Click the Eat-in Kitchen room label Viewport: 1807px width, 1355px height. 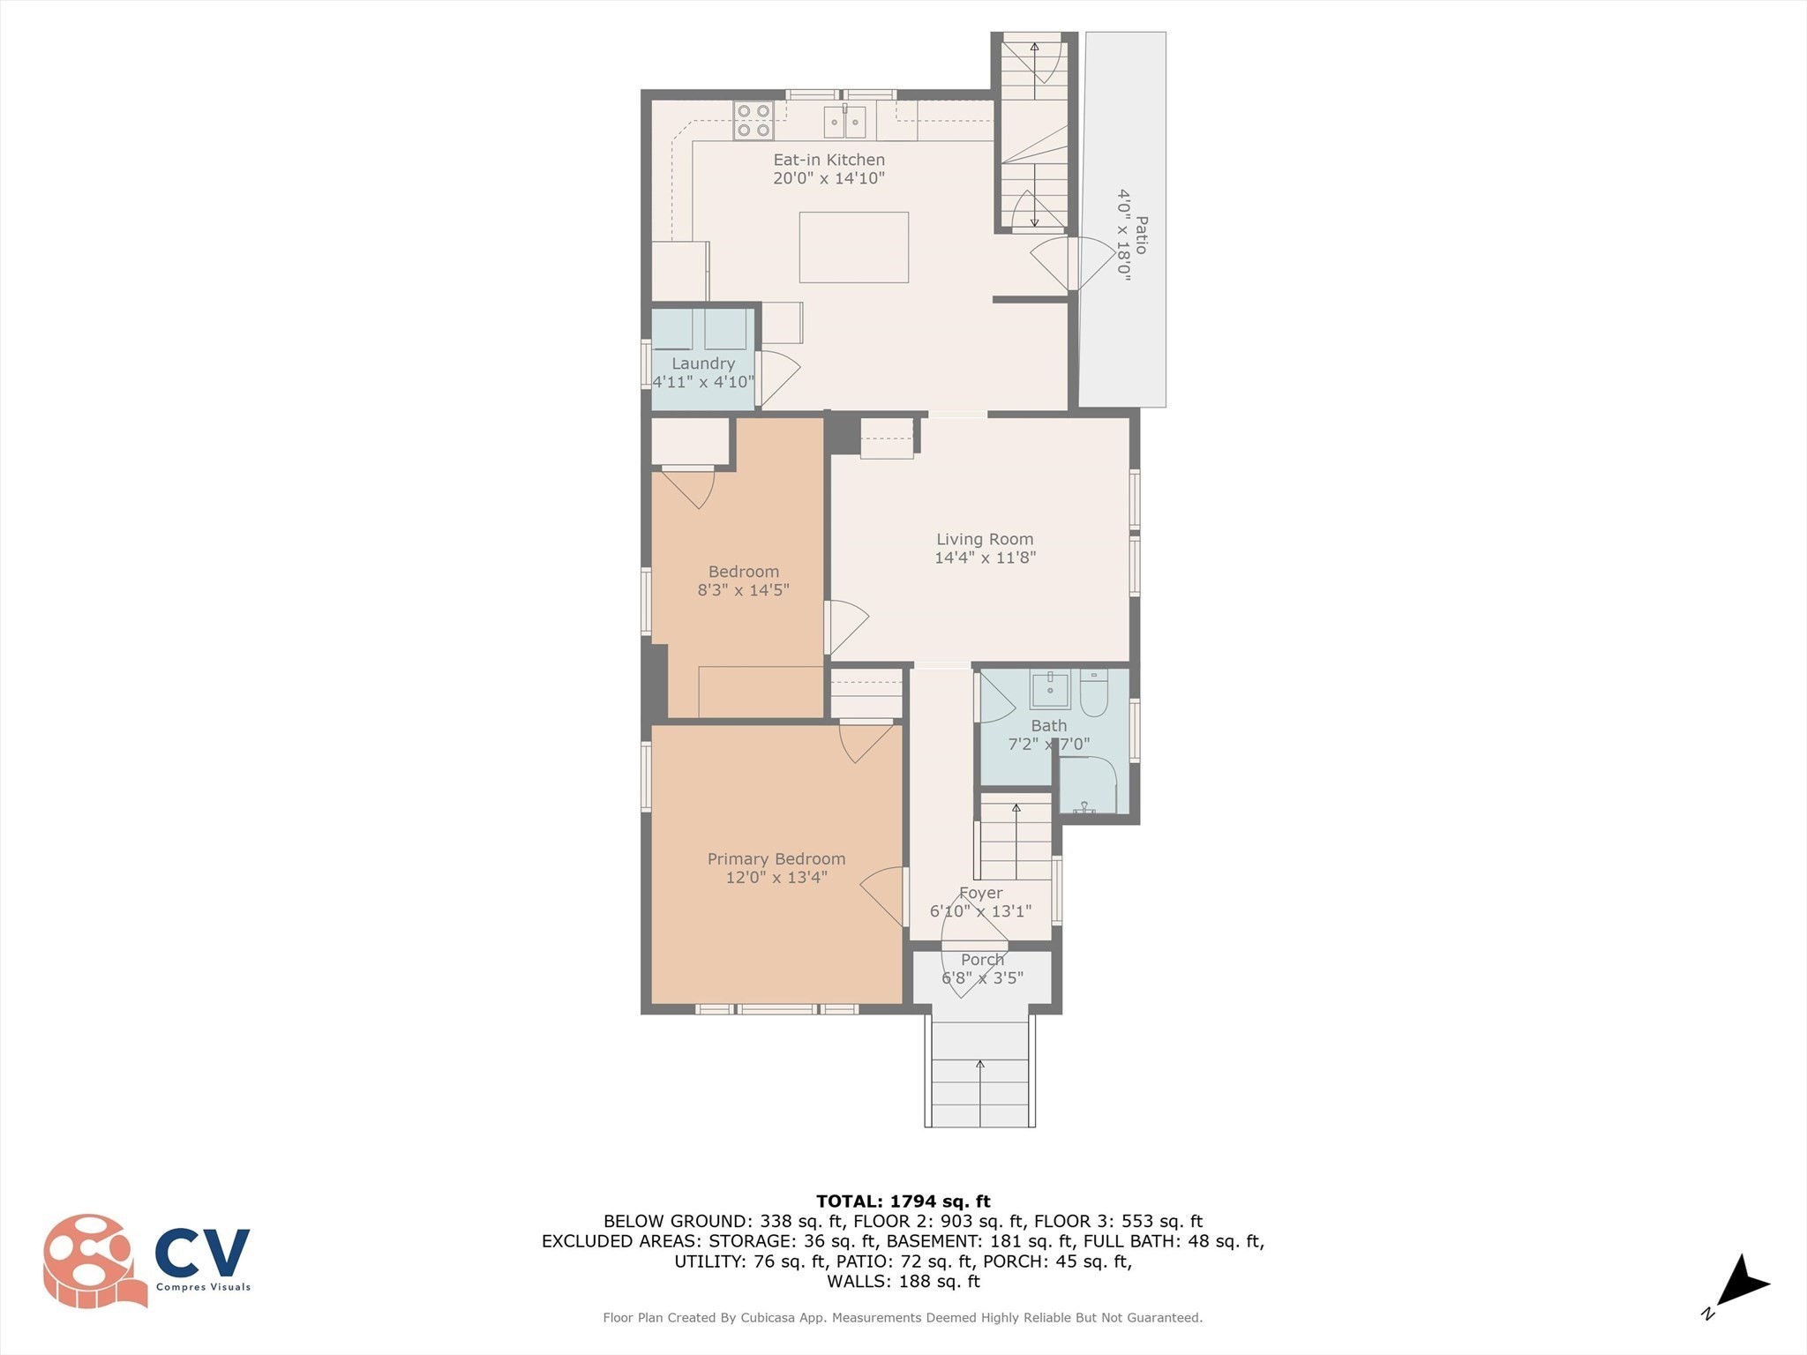coord(829,160)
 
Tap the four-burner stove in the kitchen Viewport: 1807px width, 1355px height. coord(754,121)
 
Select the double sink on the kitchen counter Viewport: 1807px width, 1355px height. coord(844,122)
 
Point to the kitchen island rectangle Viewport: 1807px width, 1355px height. coord(853,247)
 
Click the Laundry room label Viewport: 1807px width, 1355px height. coord(702,363)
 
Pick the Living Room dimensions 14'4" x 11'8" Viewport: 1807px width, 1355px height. coord(985,558)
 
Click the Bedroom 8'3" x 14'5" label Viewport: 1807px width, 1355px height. coord(743,580)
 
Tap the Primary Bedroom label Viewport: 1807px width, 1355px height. coord(776,858)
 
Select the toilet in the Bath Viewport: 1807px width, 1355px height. coord(1094,693)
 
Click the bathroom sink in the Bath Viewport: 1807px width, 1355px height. coord(1050,689)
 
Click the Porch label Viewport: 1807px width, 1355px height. coord(982,959)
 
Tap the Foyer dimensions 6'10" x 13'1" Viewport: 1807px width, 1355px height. coord(980,911)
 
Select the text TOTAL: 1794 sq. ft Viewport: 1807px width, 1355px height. coord(903,1201)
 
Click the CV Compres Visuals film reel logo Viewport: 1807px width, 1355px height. coord(93,1261)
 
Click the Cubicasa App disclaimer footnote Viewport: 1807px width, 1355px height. coord(903,1317)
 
